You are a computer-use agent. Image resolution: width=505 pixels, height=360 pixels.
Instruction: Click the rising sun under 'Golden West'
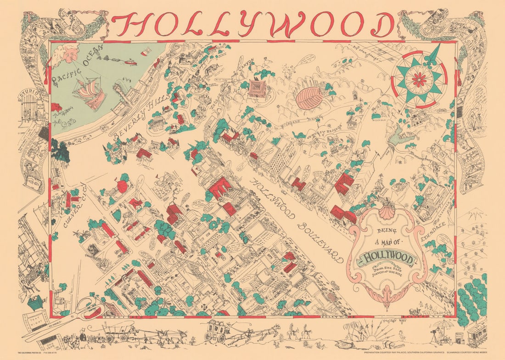point(367,337)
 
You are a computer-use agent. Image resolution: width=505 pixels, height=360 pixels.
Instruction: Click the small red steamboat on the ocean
point(130,61)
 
